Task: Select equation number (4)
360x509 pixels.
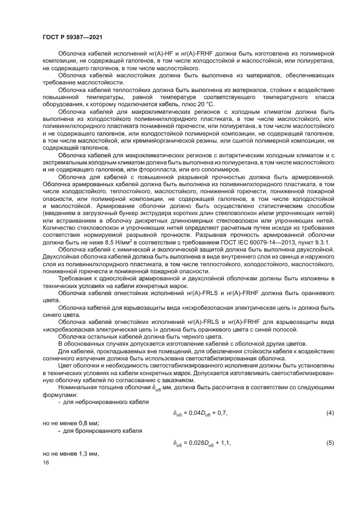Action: point(330,413)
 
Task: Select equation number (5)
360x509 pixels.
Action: point(330,443)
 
